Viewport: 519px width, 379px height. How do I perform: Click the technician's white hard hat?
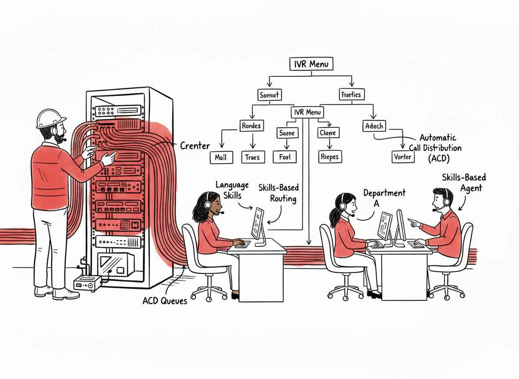coord(51,118)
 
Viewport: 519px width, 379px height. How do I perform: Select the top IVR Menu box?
coord(311,64)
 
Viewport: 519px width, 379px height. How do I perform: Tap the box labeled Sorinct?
coord(269,94)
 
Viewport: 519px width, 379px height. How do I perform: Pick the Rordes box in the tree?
coord(251,126)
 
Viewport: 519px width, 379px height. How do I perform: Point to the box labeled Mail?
coord(221,157)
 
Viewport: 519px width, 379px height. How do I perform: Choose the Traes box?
coord(253,157)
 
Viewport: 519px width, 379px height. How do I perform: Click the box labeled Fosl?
coord(284,157)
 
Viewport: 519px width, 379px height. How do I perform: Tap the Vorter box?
coord(402,157)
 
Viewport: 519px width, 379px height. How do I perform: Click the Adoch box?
coord(374,126)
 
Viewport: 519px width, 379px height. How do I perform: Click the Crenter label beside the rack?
coord(195,146)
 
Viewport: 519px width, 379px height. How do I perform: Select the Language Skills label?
coord(232,190)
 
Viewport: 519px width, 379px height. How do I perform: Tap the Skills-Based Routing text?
coord(278,193)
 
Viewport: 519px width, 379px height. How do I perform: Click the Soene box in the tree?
coord(287,132)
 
